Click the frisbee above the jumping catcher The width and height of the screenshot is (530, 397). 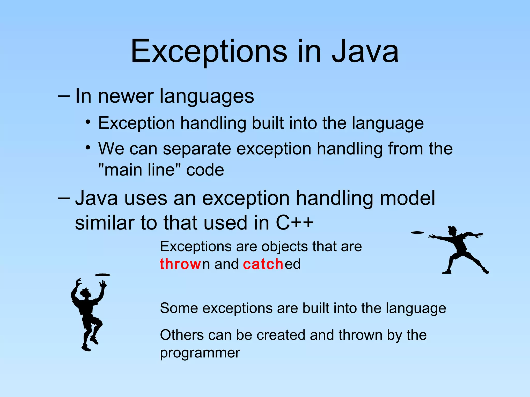tap(102, 275)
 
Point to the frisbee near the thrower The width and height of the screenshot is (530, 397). tap(417, 233)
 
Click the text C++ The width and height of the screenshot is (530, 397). tap(295, 223)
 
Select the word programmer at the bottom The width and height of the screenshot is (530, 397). tap(200, 353)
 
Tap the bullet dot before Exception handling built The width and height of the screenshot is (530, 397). tap(88, 122)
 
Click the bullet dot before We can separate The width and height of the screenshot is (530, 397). tap(88, 148)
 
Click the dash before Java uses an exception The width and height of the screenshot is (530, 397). tap(64, 198)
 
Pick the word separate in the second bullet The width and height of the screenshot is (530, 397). tap(197, 149)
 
